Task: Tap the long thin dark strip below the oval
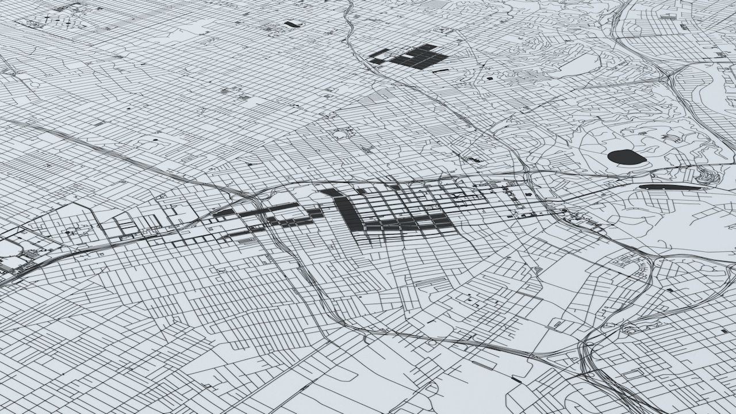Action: point(670,187)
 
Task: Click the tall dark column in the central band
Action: point(347,213)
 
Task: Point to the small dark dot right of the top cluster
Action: point(490,78)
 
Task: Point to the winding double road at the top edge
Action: point(351,23)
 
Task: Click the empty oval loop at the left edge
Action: point(9,248)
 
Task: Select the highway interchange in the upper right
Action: point(667,75)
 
